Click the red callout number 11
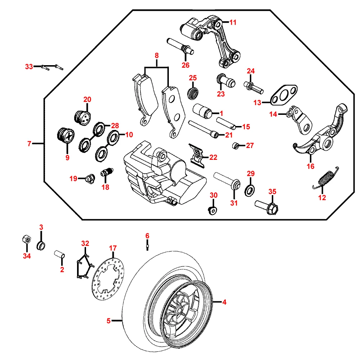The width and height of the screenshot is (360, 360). pos(233,22)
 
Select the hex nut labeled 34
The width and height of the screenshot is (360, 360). pos(26,239)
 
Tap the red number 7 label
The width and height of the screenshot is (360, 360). pos(29,144)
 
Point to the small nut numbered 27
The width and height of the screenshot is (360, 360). pos(235,145)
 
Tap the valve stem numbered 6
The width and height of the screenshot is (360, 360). pos(148,246)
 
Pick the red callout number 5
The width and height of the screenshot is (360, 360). pos(109,320)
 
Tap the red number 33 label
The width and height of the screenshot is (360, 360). pos(29,67)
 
